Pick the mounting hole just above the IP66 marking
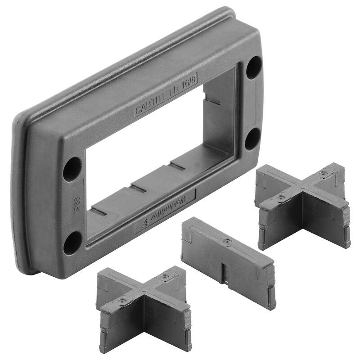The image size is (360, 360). click(x=72, y=169)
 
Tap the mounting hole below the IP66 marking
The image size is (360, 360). click(x=72, y=243)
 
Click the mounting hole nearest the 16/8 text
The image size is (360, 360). click(x=253, y=67)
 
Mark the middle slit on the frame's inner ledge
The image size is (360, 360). click(x=139, y=188)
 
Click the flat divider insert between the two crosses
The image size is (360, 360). click(x=228, y=261)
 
